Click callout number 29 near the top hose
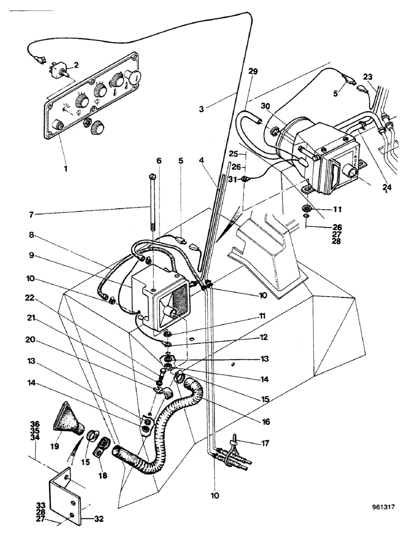click(x=254, y=72)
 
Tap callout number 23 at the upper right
click(x=368, y=77)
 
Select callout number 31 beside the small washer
click(x=232, y=179)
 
